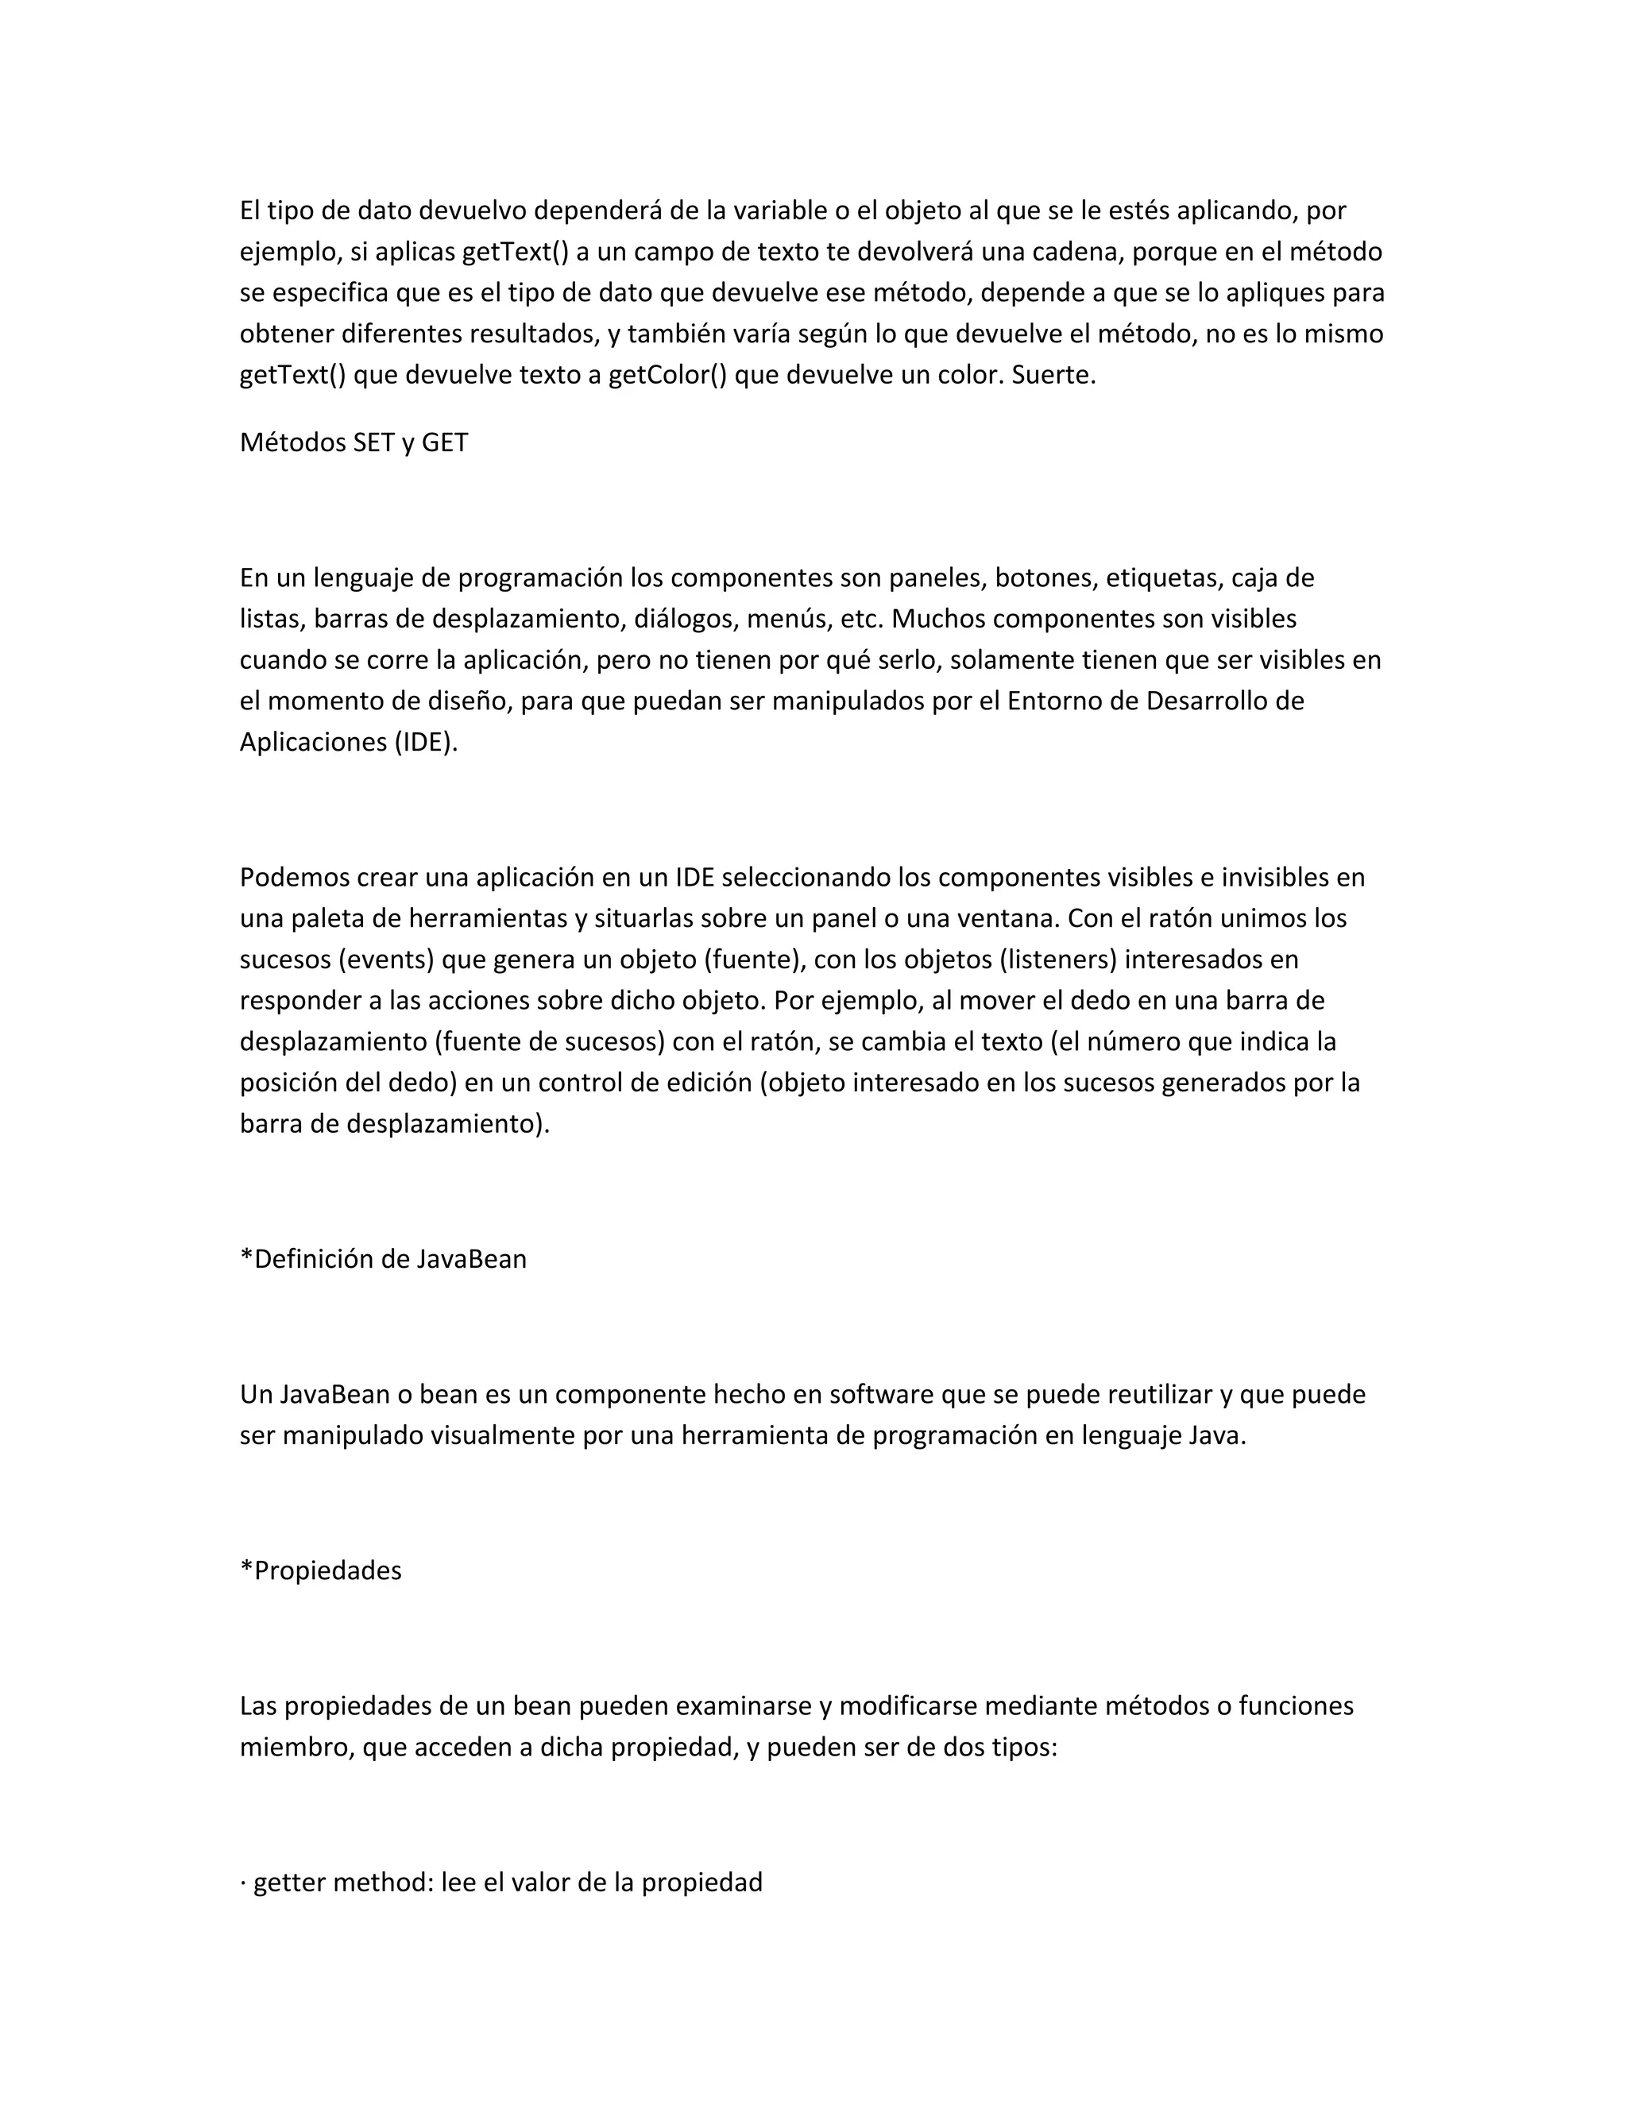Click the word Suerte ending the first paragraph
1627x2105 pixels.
[1053, 375]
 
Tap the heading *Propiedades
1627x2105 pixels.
[321, 1571]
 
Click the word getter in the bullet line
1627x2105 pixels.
[288, 1883]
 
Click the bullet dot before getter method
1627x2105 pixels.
[243, 1883]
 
